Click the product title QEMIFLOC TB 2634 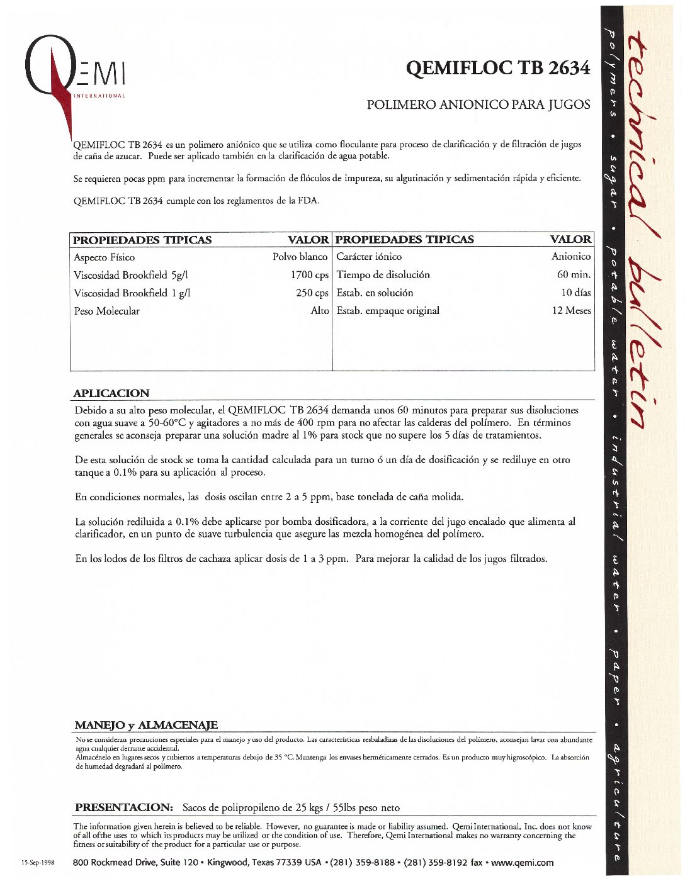tap(497, 67)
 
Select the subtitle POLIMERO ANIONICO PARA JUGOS tap(478, 104)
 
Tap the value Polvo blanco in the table tap(300, 257)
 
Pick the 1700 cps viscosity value tap(309, 275)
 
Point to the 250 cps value tap(312, 293)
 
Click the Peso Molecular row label tap(106, 311)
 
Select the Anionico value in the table tap(571, 256)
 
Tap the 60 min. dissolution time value tap(574, 274)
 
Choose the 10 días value tap(575, 293)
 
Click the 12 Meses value tap(571, 310)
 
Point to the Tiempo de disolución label tap(383, 274)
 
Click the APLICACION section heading tap(111, 393)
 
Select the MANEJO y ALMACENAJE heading tap(146, 725)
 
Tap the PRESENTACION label tap(123, 807)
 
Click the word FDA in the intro tap(309, 201)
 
